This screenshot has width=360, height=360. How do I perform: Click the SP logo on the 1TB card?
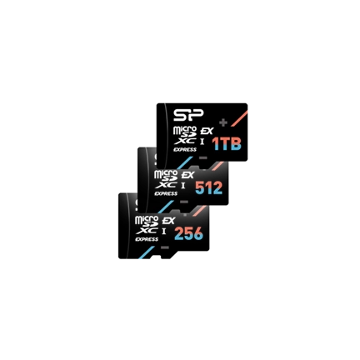[188, 115]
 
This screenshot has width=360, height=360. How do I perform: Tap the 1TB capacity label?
[227, 144]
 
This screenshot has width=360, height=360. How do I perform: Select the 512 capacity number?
[209, 188]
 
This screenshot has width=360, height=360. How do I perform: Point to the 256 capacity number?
[189, 233]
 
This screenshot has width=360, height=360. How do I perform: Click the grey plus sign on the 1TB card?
[223, 122]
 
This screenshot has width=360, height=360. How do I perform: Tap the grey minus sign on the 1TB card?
[203, 157]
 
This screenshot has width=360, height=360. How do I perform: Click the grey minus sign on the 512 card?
[184, 202]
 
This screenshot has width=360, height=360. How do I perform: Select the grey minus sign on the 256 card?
[165, 247]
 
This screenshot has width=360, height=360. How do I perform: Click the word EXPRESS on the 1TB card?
[185, 149]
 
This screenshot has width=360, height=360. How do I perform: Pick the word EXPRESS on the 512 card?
[166, 193]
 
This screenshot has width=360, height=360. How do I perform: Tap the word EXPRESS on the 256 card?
[147, 239]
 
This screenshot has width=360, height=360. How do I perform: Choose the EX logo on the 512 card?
[187, 175]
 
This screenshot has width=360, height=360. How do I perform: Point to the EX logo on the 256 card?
[168, 221]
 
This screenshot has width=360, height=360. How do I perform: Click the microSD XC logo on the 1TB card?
[185, 135]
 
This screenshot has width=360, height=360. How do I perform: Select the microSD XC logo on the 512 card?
[166, 179]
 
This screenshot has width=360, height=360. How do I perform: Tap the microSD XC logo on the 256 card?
[147, 225]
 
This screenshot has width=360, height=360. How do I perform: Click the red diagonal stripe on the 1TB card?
[239, 118]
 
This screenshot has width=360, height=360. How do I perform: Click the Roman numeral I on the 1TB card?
[202, 141]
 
